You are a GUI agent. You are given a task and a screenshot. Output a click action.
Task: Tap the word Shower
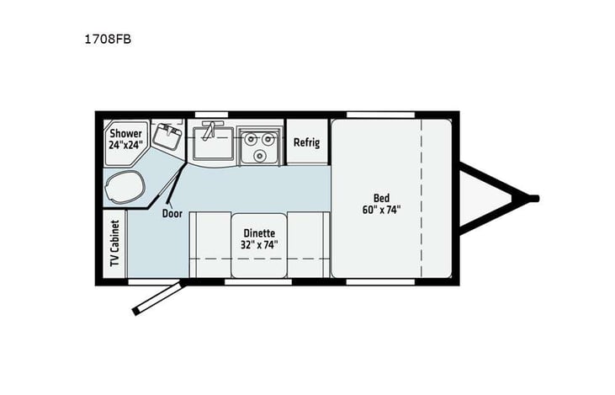click(125, 133)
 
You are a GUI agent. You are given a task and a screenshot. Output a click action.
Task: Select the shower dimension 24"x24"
click(125, 145)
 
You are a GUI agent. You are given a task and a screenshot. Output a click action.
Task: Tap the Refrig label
click(306, 142)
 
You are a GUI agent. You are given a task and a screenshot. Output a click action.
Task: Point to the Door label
click(172, 213)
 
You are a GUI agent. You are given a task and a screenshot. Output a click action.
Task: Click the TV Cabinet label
click(114, 245)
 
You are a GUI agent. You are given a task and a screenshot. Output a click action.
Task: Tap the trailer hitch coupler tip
click(533, 198)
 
